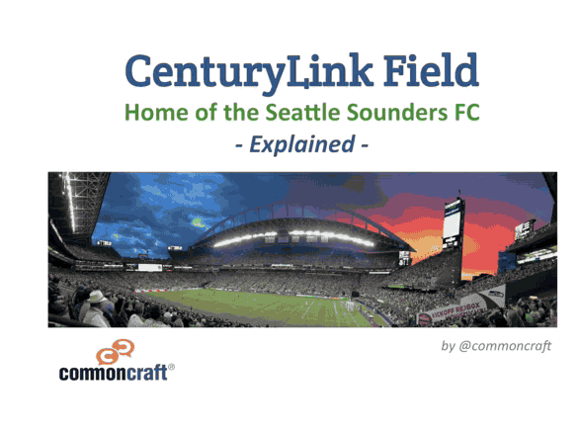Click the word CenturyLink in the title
click(249, 72)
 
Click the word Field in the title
click(432, 70)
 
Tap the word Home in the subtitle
click(156, 112)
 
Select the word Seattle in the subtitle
click(302, 112)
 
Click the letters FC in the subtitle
click(466, 112)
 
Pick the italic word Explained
click(302, 144)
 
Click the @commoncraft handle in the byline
click(505, 346)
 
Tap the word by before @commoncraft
click(448, 346)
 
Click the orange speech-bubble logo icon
click(116, 352)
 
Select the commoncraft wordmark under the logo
click(114, 373)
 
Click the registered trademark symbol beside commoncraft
click(171, 367)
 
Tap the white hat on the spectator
click(97, 296)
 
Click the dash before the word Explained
click(239, 145)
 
